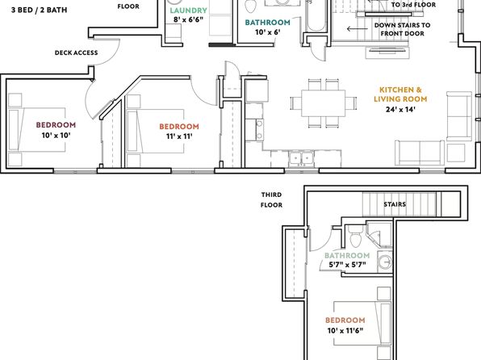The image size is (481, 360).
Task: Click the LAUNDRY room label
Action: click(x=188, y=10)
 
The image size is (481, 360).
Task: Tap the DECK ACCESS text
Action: click(x=77, y=52)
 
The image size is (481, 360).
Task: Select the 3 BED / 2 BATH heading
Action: click(x=40, y=10)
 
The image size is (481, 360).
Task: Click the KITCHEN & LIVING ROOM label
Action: click(x=400, y=94)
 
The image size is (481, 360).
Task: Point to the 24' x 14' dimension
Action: click(x=400, y=109)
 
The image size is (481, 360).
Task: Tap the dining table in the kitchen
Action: click(x=324, y=103)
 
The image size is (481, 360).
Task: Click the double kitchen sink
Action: click(x=301, y=158)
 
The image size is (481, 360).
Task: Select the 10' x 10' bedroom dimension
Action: click(x=56, y=135)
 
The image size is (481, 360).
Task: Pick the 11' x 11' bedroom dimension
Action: click(x=179, y=136)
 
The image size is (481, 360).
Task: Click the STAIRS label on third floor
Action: click(x=395, y=204)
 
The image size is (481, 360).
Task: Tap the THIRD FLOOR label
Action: click(x=271, y=200)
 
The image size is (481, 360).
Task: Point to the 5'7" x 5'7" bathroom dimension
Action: click(x=348, y=265)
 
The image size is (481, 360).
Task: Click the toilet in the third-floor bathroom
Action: click(x=356, y=236)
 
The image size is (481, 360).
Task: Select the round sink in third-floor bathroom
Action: click(x=385, y=262)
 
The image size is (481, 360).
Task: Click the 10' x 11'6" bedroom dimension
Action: click(x=345, y=330)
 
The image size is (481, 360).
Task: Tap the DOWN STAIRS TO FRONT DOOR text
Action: click(x=402, y=29)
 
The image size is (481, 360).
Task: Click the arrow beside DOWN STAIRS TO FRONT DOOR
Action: click(x=358, y=29)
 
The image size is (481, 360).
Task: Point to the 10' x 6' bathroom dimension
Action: click(x=268, y=32)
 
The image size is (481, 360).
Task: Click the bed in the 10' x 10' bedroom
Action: click(x=37, y=129)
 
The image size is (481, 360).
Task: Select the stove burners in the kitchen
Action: click(x=260, y=129)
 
